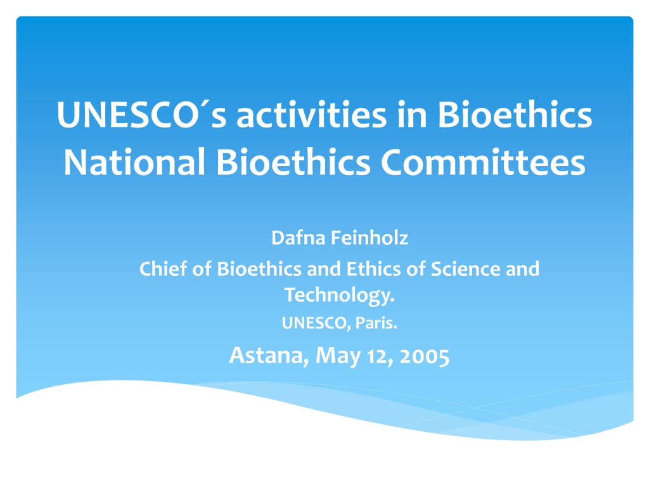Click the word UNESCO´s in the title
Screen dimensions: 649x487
(142, 115)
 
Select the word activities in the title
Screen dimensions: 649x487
(311, 114)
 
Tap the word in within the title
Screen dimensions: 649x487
(412, 114)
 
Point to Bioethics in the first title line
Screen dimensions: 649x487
(515, 114)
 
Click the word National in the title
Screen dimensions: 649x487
(134, 162)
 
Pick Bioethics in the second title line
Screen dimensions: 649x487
(293, 162)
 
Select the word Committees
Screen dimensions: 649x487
(483, 162)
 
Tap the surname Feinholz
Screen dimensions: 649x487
(369, 238)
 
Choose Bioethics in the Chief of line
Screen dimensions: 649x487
(259, 268)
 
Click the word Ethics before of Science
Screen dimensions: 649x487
(373, 268)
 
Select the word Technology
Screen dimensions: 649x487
(340, 295)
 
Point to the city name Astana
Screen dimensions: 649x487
(269, 355)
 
